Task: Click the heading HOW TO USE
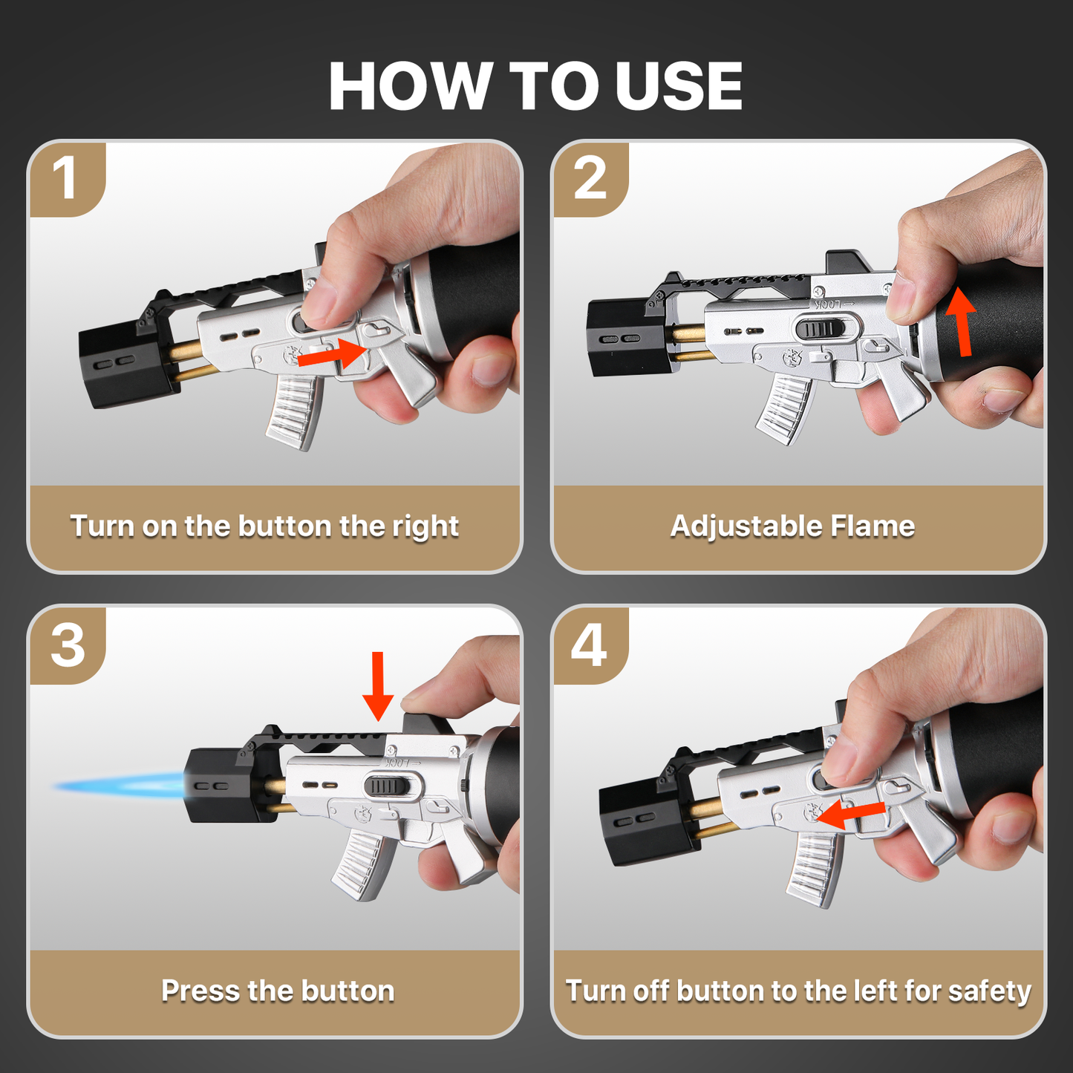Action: point(535,85)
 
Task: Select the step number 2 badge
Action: point(590,178)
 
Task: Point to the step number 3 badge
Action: point(68,645)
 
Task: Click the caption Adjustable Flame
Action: point(792,526)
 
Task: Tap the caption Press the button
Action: point(278,991)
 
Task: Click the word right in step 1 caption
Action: point(425,526)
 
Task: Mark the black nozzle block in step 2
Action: point(622,338)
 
